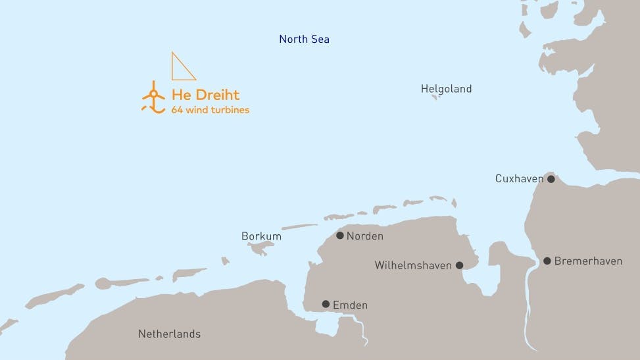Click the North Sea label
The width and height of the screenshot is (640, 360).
coord(304,39)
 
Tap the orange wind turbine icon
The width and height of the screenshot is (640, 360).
coord(153,97)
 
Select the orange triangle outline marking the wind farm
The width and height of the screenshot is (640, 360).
coord(181,68)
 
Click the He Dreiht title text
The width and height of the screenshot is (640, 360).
coord(205,95)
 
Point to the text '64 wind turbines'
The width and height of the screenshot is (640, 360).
coord(210,110)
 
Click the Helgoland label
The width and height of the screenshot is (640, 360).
coord(446,89)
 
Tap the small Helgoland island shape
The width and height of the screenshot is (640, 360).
coord(434,97)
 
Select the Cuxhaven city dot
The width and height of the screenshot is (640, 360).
coord(551,178)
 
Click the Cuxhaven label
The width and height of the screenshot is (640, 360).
coord(519,178)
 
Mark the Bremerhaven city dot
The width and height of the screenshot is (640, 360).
coord(547,261)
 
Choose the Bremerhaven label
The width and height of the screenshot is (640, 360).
coord(588,261)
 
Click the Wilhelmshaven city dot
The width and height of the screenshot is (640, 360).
coord(459,266)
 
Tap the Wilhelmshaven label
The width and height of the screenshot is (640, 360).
coord(413,266)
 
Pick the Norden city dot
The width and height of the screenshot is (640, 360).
coord(339,236)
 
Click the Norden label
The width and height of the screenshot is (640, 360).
coord(364,236)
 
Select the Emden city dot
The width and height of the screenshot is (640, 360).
coord(326,304)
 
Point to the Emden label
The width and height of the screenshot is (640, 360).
coord(350,305)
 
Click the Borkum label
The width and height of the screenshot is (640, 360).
coord(261,236)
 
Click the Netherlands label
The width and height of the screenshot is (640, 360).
coord(169,334)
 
